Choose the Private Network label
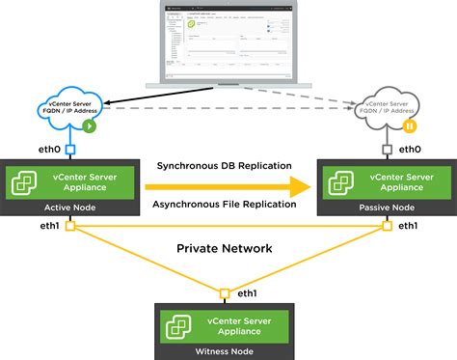(x=225, y=248)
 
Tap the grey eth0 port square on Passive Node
(x=387, y=150)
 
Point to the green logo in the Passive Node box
(x=341, y=180)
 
